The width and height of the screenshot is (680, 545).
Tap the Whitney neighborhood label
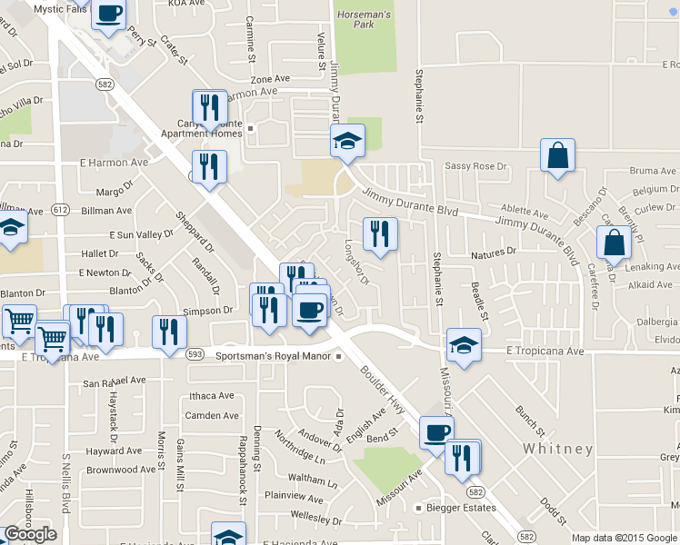pos(558,449)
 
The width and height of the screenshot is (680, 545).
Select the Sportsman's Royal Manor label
pos(274,356)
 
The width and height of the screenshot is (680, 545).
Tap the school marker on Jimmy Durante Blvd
pos(346,142)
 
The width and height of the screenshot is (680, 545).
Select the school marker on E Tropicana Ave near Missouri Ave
pos(464,346)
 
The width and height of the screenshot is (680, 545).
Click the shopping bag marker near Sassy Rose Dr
pos(557,155)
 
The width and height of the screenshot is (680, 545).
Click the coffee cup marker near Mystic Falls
pos(109,15)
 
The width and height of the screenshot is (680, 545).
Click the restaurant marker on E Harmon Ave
pos(209,167)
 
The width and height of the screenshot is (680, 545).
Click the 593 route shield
pos(194,353)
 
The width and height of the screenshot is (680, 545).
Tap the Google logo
pos(30,534)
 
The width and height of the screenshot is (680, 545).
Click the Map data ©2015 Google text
pos(624,538)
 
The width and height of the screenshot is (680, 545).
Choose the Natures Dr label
pos(495,251)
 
